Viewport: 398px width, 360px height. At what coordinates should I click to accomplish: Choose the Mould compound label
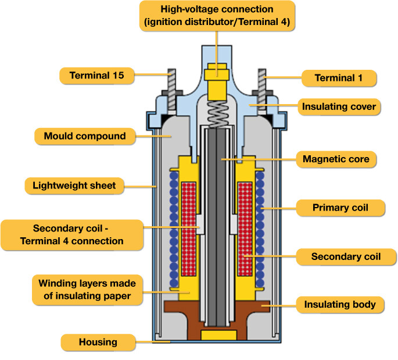[x=85, y=136]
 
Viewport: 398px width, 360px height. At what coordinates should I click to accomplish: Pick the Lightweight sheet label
[x=74, y=186]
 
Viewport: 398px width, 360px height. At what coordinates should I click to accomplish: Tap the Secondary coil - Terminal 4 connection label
[x=70, y=234]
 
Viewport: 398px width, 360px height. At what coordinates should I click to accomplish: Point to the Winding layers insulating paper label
[x=87, y=288]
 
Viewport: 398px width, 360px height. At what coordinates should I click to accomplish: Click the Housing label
[x=98, y=342]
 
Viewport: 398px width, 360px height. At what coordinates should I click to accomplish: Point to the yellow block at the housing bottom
[x=218, y=335]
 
